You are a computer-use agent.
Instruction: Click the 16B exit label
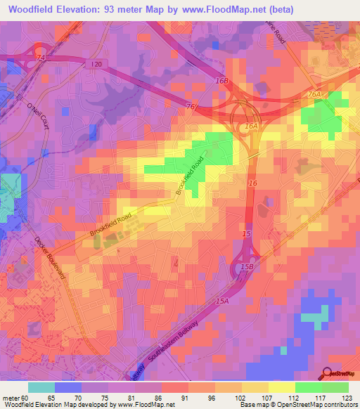[x=223, y=81]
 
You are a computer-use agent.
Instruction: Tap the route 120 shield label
[x=96, y=65]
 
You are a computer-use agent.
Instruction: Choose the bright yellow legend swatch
[x=282, y=387]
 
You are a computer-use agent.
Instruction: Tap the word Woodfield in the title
[x=32, y=9]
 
